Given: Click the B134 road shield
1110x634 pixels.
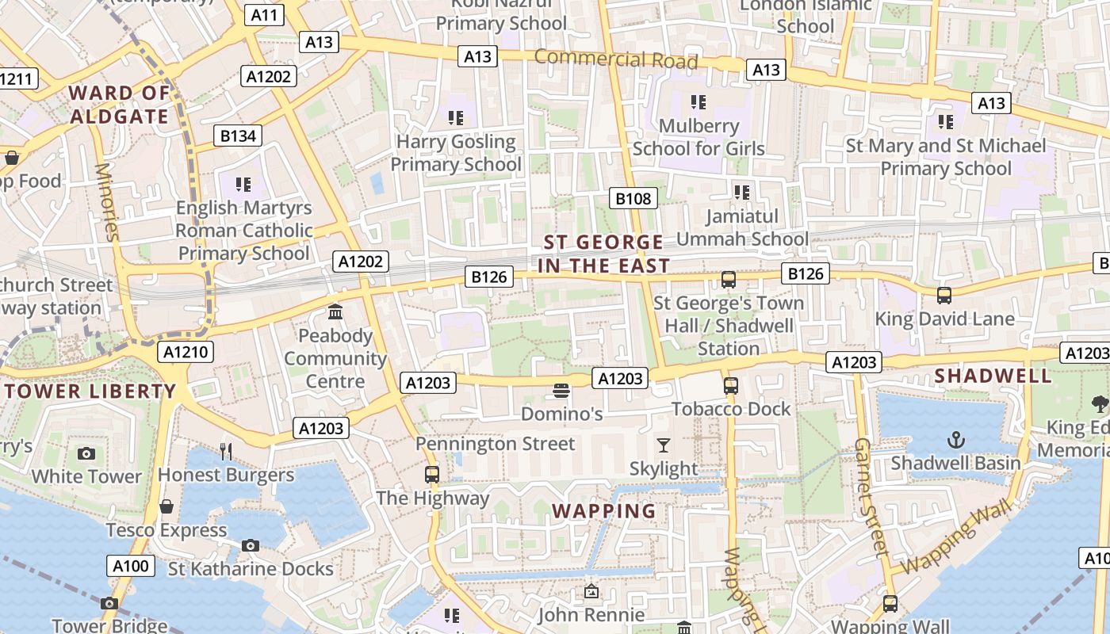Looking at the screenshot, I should tap(238, 136).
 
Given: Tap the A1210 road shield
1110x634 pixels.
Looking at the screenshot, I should tap(186, 352).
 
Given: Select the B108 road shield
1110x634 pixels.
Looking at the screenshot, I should tap(633, 198).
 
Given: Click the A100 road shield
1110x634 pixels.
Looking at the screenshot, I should tap(130, 565).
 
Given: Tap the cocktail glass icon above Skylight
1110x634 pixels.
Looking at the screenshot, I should tap(664, 445).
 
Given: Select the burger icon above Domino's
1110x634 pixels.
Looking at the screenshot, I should tap(561, 391).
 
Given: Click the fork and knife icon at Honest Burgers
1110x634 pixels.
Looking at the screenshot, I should tap(226, 452).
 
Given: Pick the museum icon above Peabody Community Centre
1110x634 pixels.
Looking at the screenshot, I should tap(335, 312).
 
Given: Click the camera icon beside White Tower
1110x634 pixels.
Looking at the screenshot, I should tap(86, 453).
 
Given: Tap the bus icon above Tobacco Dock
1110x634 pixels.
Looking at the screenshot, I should tap(731, 386).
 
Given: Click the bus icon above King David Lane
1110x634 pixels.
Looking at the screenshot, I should tap(943, 296).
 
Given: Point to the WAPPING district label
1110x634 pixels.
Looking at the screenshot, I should tap(604, 510).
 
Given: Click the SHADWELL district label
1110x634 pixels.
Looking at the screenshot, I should tap(993, 376).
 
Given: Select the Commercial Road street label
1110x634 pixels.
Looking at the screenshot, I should tap(615, 59).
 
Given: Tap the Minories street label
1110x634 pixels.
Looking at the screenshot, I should tap(106, 201).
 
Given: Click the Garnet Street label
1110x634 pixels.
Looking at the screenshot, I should tap(870, 495).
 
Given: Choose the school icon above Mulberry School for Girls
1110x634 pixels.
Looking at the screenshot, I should tap(698, 101).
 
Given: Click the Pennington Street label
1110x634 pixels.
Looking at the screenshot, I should tap(496, 444).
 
